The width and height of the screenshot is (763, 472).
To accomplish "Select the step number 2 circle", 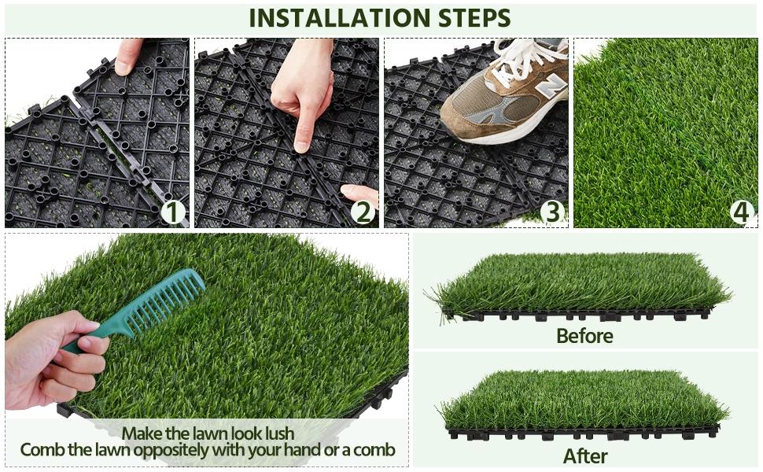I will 362,212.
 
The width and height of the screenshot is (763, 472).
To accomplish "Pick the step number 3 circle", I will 552,212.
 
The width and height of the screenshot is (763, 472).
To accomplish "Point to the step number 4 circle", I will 741,212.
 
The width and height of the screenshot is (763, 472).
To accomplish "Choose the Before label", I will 584,336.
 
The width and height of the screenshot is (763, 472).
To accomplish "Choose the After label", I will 584,455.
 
